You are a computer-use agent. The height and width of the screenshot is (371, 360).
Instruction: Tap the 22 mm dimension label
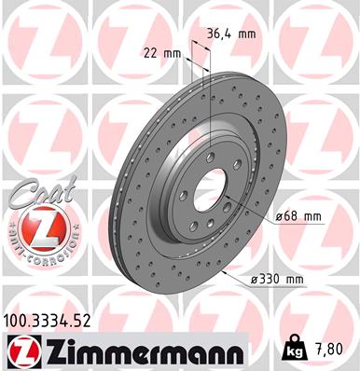(161, 52)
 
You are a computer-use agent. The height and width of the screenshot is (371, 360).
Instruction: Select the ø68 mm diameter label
(298, 217)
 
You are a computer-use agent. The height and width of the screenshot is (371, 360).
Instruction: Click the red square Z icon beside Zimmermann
(19, 350)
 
